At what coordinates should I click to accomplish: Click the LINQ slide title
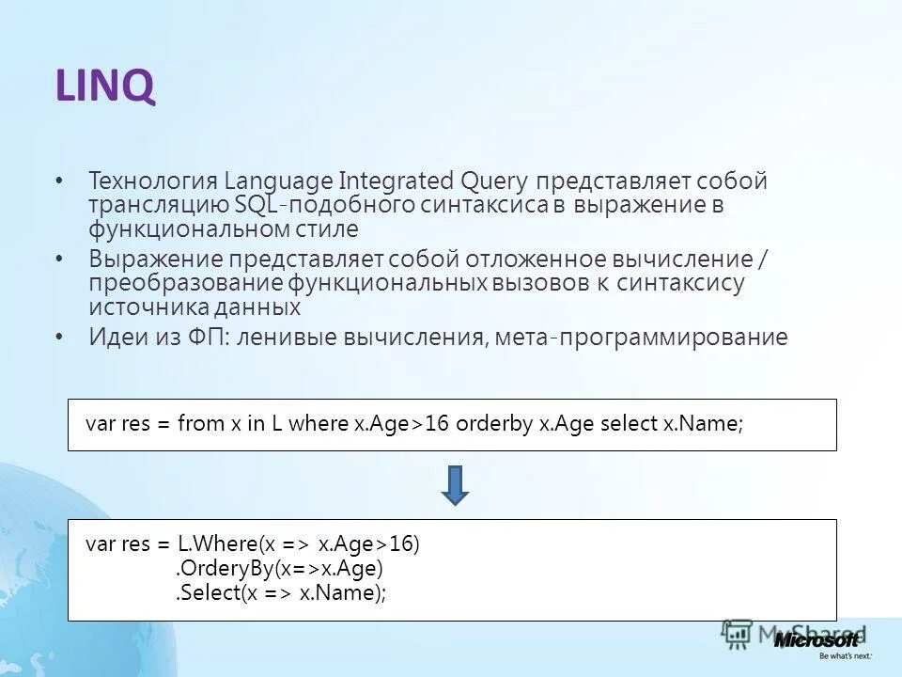pyautogui.click(x=104, y=88)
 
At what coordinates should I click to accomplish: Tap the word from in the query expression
pyautogui.click(x=200, y=424)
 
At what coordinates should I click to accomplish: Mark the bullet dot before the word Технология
pyautogui.click(x=59, y=181)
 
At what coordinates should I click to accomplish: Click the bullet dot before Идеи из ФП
pyautogui.click(x=59, y=338)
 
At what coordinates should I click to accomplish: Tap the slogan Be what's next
pyautogui.click(x=846, y=654)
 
